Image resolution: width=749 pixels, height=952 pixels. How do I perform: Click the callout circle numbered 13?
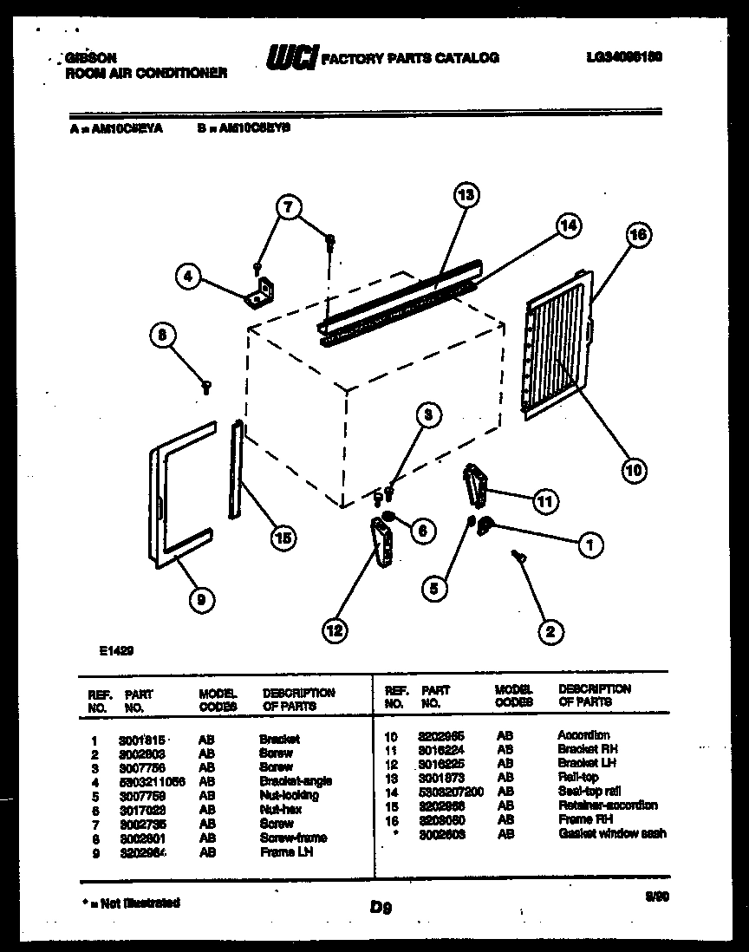click(x=466, y=197)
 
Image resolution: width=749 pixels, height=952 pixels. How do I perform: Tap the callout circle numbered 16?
click(x=637, y=235)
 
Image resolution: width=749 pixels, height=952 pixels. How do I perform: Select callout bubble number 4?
click(x=187, y=277)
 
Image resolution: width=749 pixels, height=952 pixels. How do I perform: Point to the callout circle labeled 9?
click(x=200, y=597)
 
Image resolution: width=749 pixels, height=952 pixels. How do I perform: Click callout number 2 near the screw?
click(x=548, y=631)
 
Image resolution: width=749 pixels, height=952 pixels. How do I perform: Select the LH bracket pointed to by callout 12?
click(x=381, y=542)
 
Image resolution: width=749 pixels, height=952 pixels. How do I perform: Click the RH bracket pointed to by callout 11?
click(x=476, y=483)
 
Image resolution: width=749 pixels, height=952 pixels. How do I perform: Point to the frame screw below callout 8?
click(x=206, y=387)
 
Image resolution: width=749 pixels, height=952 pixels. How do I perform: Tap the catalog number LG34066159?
click(x=623, y=57)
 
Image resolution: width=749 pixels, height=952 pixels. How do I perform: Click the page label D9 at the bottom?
click(x=381, y=908)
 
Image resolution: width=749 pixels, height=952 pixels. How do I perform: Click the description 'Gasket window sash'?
click(x=611, y=833)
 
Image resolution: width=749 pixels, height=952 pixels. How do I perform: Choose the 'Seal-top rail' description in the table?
click(x=589, y=792)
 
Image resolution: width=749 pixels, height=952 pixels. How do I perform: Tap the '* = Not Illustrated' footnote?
click(x=131, y=903)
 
